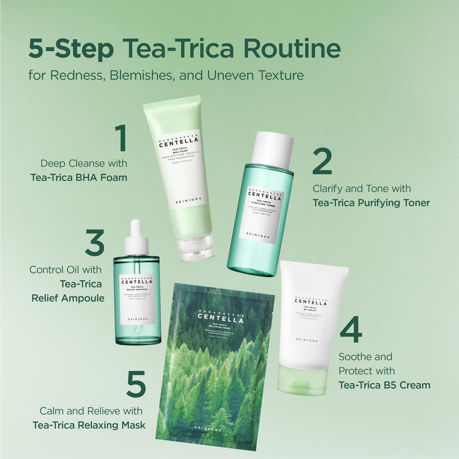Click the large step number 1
pyautogui.click(x=122, y=139)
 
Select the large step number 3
pyautogui.click(x=94, y=242)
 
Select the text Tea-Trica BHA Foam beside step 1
pyautogui.click(x=79, y=178)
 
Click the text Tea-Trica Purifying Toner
pyautogui.click(x=371, y=203)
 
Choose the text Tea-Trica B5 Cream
pyautogui.click(x=384, y=385)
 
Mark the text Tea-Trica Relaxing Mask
pyautogui.click(x=89, y=425)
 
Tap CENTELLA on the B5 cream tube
pyautogui.click(x=311, y=303)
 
